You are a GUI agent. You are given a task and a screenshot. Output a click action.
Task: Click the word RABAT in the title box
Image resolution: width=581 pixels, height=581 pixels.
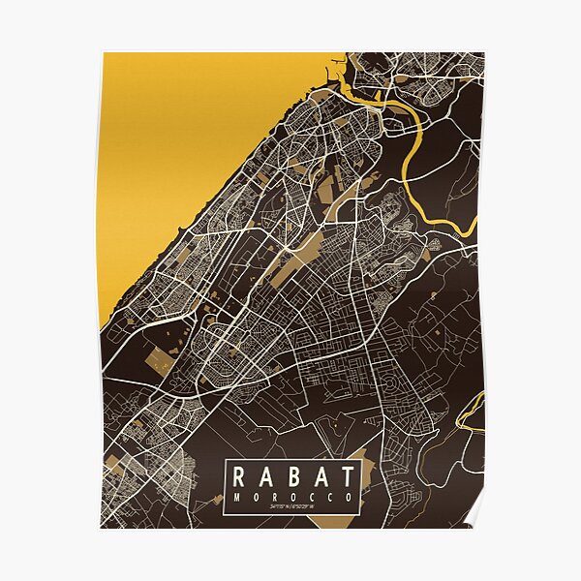point(292,476)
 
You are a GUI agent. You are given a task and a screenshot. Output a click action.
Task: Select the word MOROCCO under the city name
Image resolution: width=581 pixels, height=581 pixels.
point(292,497)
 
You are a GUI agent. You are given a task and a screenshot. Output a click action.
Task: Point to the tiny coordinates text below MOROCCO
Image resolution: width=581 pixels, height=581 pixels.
point(292,508)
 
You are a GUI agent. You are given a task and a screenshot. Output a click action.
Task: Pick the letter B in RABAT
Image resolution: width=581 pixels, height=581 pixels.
point(292,476)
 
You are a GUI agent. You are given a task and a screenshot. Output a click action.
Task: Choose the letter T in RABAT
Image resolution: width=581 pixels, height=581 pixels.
point(346,476)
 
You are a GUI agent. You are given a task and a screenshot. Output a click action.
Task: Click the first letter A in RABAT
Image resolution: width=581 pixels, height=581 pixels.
point(266,476)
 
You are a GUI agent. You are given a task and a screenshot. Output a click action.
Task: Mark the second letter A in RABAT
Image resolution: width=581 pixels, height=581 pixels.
point(320,476)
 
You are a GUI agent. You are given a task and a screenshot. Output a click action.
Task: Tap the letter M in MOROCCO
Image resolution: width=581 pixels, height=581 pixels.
point(236,497)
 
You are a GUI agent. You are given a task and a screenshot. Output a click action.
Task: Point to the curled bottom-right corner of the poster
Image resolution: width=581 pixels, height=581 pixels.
point(474,518)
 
